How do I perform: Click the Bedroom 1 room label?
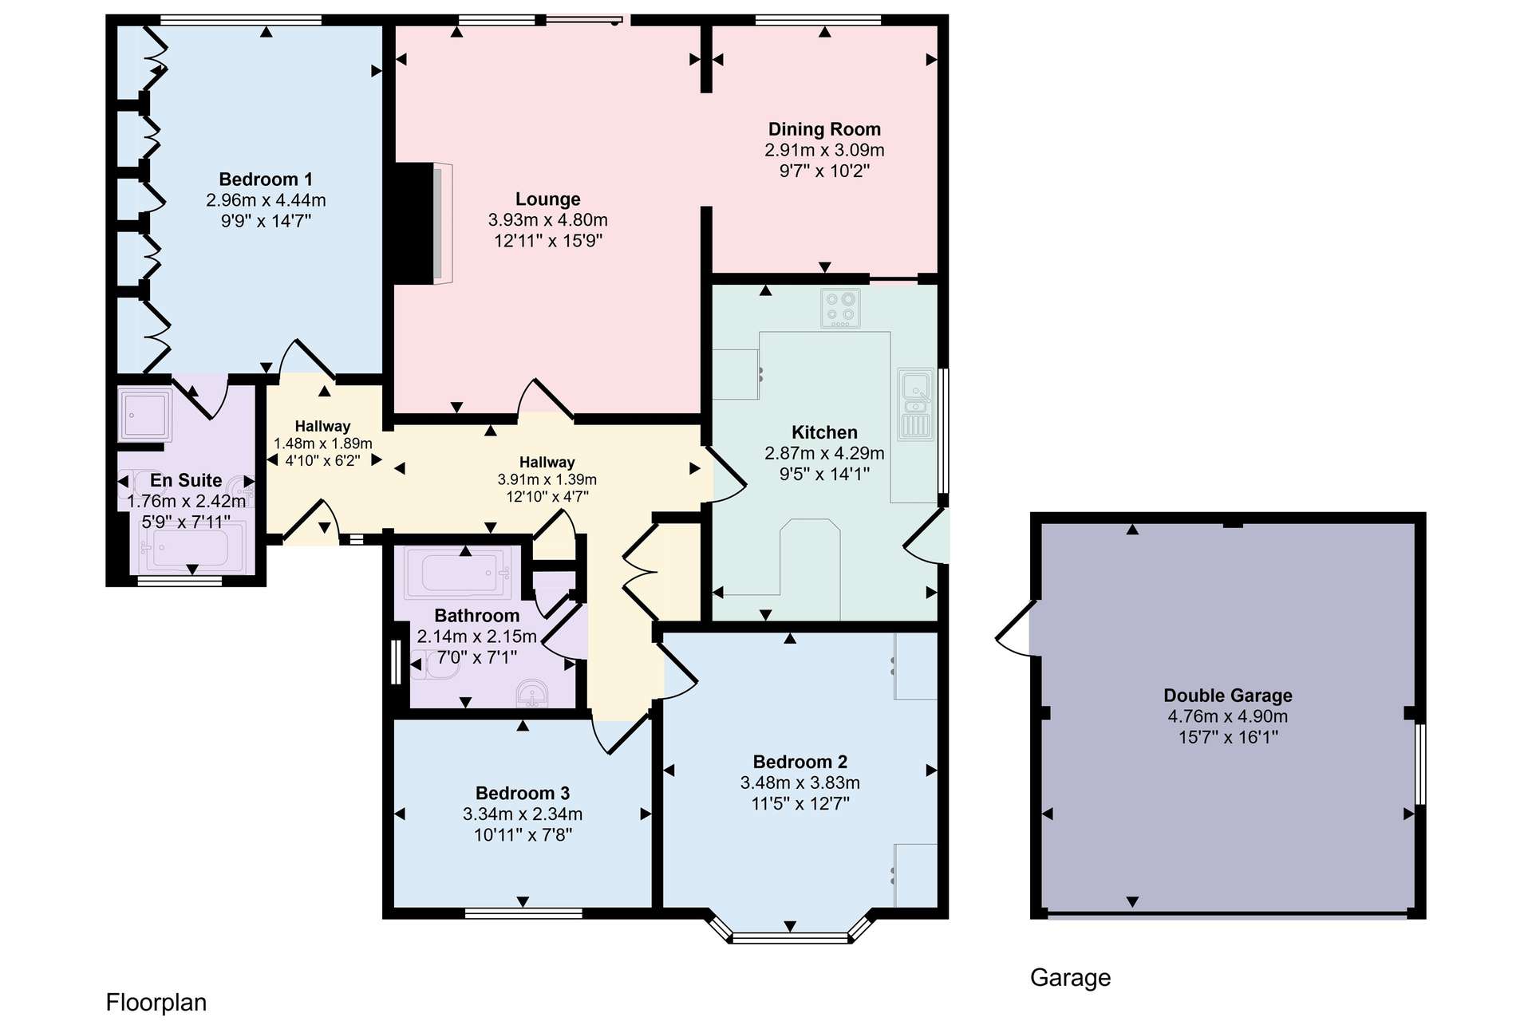point(266,179)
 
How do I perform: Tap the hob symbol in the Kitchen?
point(841,308)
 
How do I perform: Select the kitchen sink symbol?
point(915,404)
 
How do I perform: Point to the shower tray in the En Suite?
point(144,414)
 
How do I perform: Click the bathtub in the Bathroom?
point(458,572)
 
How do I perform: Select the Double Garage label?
point(1228,696)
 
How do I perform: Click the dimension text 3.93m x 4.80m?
point(548,220)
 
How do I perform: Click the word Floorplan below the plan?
point(156,1003)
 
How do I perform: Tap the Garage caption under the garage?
point(1070,978)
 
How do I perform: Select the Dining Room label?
point(824,129)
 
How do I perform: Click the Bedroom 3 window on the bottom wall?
point(523,913)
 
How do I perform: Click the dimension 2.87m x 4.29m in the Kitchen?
point(824,454)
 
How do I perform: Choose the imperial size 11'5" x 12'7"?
point(800,804)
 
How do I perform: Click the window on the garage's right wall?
point(1420,764)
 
